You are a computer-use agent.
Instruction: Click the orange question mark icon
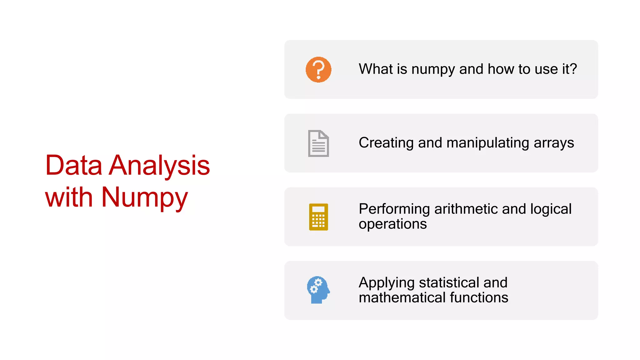(x=318, y=69)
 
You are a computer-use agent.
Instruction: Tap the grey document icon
(x=318, y=143)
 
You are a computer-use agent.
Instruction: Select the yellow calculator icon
(x=318, y=217)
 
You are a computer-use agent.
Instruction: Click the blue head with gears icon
(x=318, y=290)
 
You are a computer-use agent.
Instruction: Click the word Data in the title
(x=74, y=165)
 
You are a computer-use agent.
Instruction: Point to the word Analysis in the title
(x=159, y=165)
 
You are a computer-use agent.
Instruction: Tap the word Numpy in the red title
(x=144, y=197)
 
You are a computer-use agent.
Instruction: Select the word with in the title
(x=69, y=197)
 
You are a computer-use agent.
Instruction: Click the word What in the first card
(x=376, y=69)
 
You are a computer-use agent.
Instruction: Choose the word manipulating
(x=488, y=143)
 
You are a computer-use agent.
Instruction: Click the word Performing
(x=394, y=209)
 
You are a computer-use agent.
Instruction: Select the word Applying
(x=387, y=283)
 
